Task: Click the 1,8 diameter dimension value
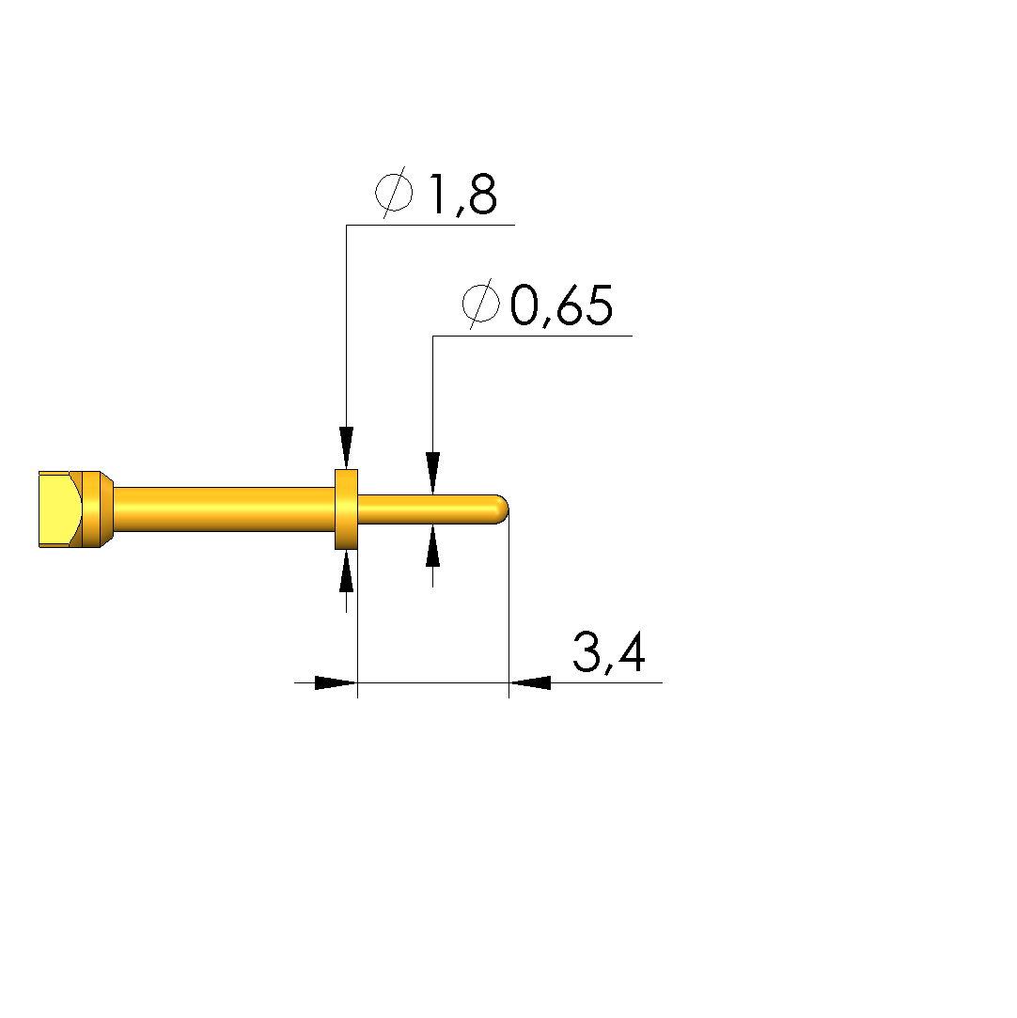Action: [x=463, y=195]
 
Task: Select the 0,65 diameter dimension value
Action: [x=561, y=305]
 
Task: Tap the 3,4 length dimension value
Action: [x=609, y=651]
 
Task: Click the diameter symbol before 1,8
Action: [x=394, y=192]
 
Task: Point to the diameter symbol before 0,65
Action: [x=481, y=303]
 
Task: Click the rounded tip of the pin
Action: [x=502, y=509]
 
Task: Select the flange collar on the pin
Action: [x=346, y=509]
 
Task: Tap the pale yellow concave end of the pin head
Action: [x=59, y=509]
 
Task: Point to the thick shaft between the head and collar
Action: [x=224, y=509]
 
